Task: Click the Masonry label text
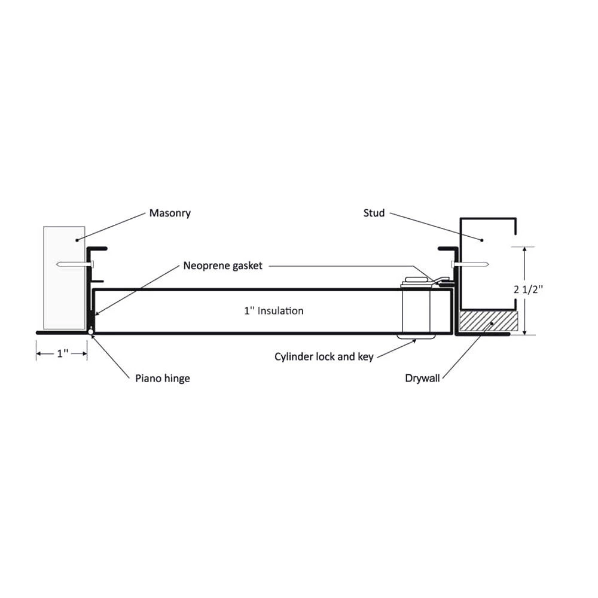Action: [x=170, y=213]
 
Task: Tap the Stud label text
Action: [x=374, y=213]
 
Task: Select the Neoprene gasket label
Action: [x=222, y=266]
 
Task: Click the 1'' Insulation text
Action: [x=274, y=311]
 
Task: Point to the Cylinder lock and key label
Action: [x=324, y=357]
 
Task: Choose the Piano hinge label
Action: [x=163, y=379]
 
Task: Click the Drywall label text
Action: [x=422, y=379]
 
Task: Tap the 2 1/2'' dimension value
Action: [x=528, y=289]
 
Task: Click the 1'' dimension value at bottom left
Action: [x=63, y=353]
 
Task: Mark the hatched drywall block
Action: [x=489, y=321]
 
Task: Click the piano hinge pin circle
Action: [x=90, y=332]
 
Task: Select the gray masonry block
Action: [x=64, y=277]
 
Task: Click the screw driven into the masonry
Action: [x=74, y=264]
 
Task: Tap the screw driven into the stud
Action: [x=470, y=264]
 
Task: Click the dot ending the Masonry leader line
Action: [x=77, y=240]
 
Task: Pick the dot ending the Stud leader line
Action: [x=481, y=240]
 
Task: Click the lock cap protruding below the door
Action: [x=416, y=336]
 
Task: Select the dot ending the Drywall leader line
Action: [x=492, y=324]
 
